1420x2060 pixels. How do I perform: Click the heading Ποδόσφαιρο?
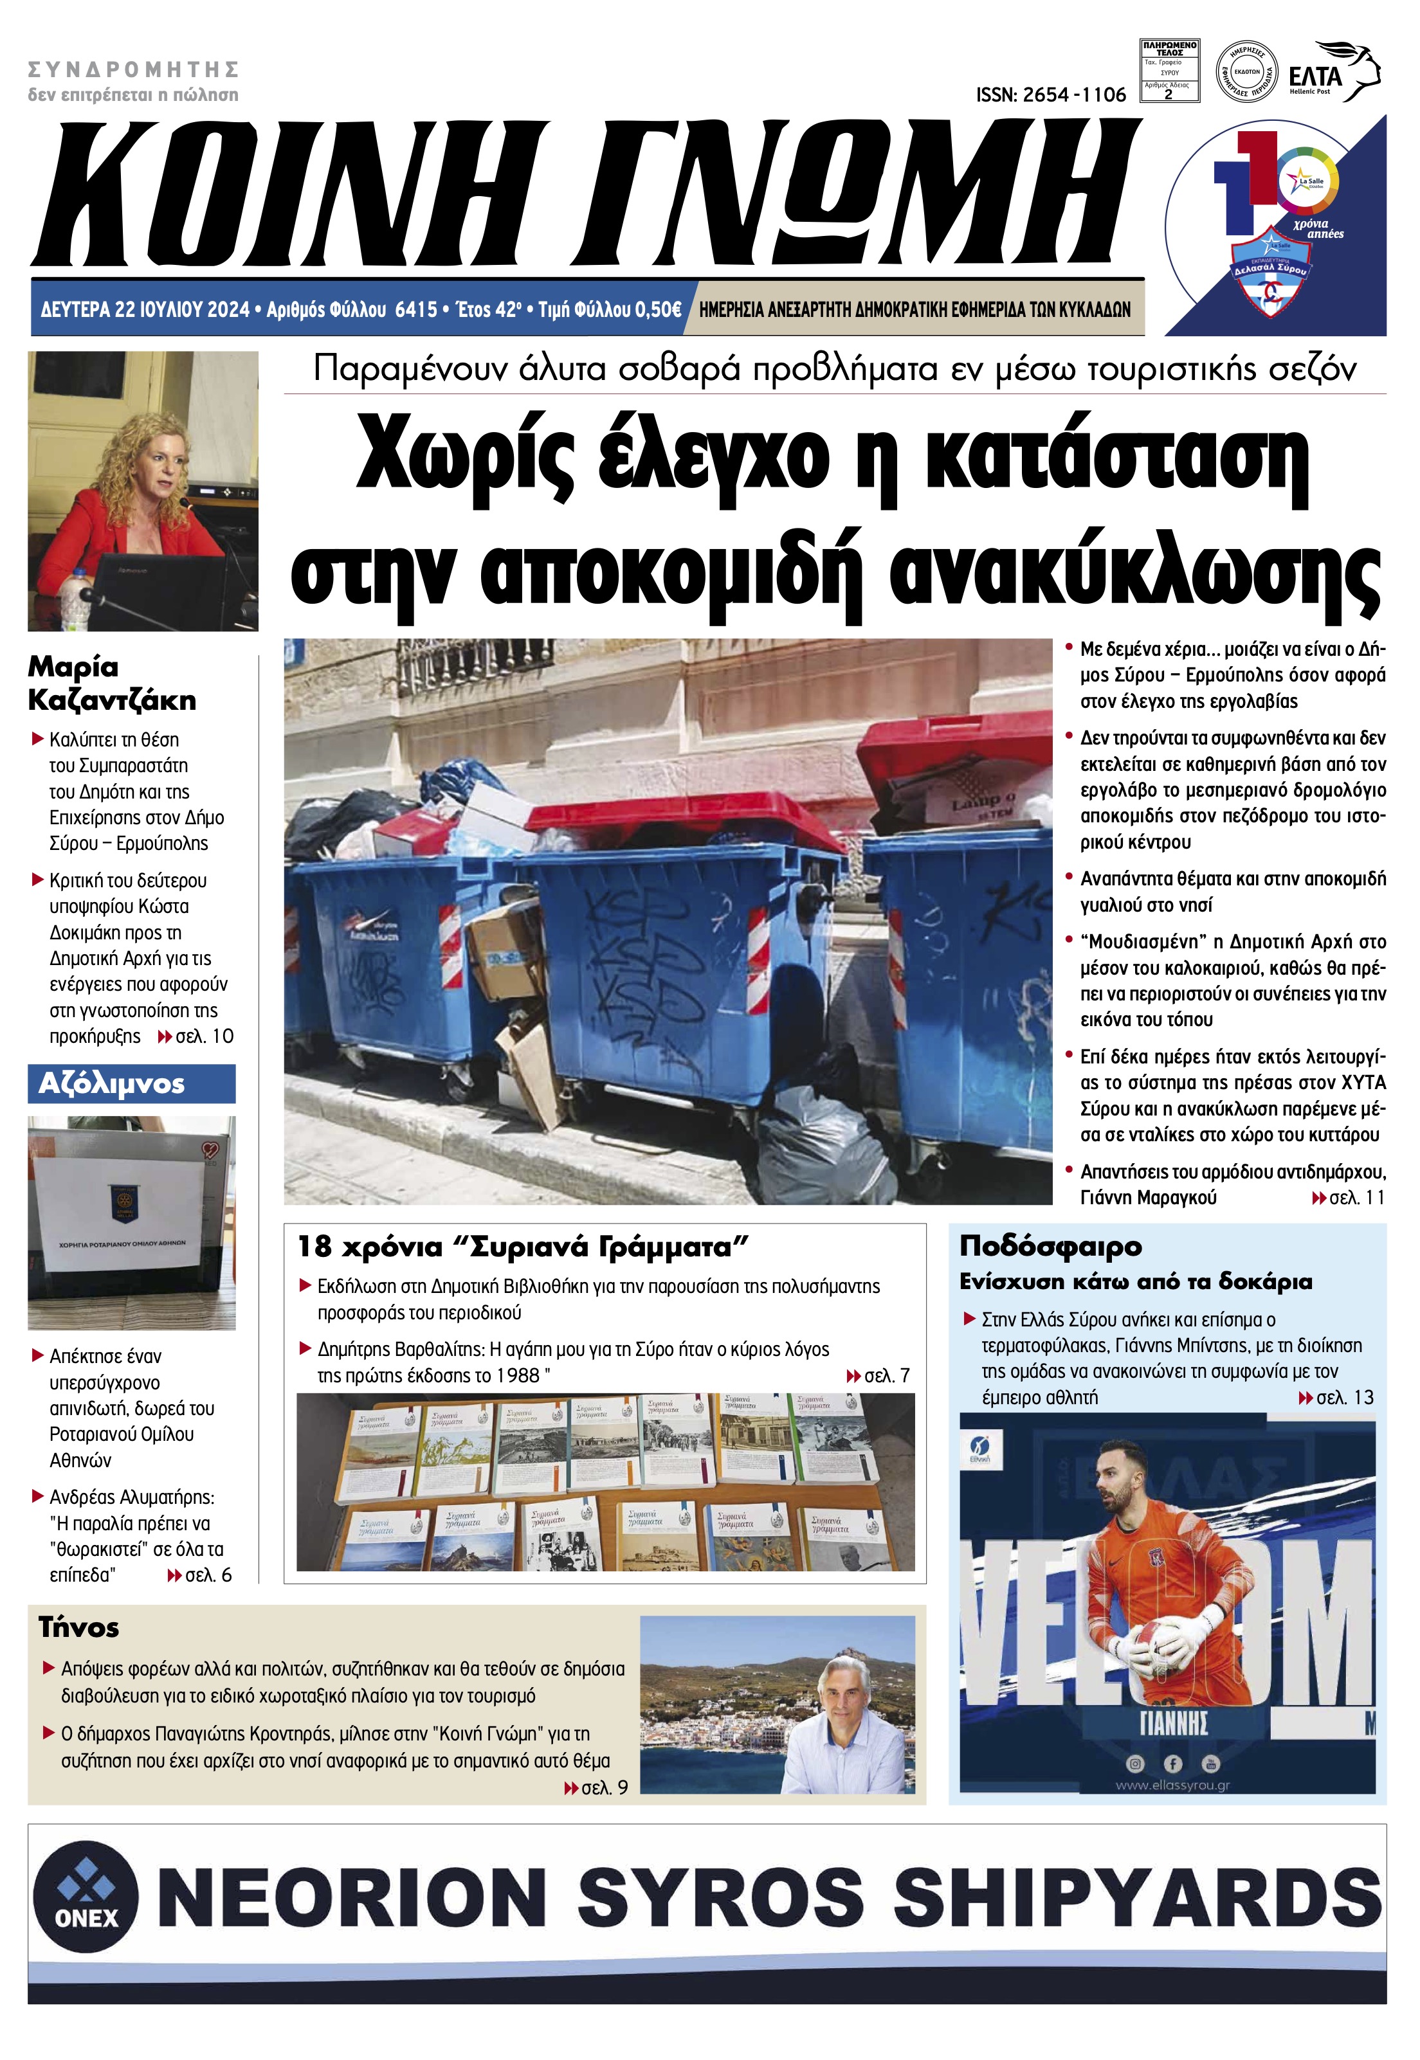tap(1050, 1246)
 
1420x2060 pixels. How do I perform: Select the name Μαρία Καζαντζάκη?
tap(111, 683)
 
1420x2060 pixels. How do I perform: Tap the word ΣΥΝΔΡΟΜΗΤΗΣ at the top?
tap(134, 69)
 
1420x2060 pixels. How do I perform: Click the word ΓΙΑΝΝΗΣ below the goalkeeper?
tap(1172, 1724)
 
